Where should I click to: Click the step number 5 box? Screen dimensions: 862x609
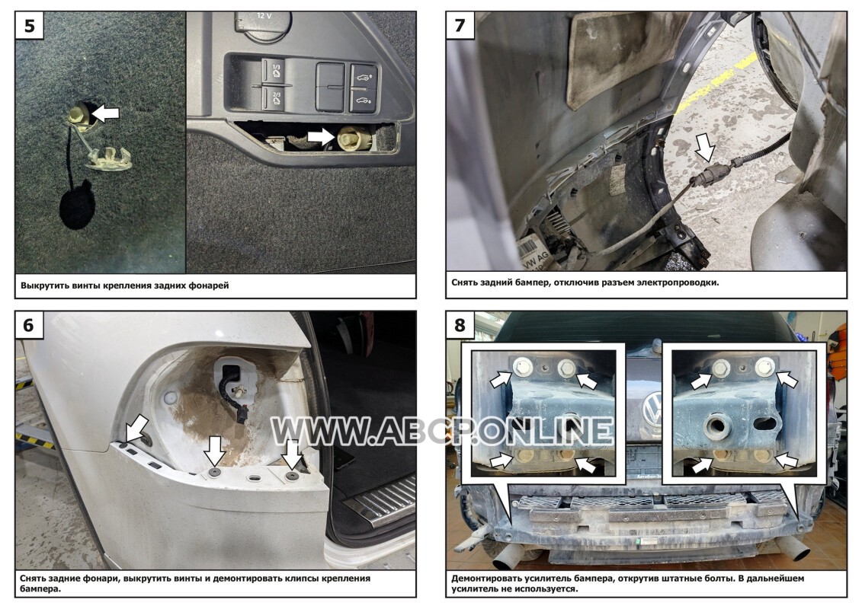click(30, 25)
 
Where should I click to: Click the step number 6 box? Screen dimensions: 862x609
click(29, 325)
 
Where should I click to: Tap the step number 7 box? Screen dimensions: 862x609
click(460, 25)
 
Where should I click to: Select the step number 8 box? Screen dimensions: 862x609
click(460, 325)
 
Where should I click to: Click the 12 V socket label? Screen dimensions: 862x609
click(264, 16)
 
